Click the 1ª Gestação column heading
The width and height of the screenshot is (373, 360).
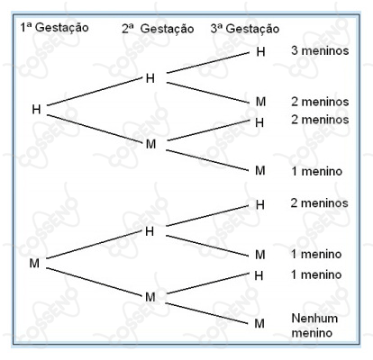point(54,28)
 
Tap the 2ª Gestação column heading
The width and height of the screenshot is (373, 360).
point(158,29)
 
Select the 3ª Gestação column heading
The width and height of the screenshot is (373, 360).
point(245,29)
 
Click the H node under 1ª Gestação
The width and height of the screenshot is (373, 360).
point(36,110)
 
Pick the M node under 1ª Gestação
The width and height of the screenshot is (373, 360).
point(34,263)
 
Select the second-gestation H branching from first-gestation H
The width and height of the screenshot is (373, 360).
point(150,78)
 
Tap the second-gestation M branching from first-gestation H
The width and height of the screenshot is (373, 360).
point(150,144)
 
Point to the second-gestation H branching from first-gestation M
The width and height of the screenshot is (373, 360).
point(150,231)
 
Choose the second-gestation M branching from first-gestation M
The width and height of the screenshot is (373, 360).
point(150,297)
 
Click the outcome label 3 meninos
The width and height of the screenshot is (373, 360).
point(320,50)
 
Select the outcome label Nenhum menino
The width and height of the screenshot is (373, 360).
point(314,326)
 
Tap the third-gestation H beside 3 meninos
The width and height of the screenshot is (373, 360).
point(260,52)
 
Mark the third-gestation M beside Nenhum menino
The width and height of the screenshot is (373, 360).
point(259,323)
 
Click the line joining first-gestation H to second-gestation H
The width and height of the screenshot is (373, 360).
point(95,92)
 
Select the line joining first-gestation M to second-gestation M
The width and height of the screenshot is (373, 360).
point(94,282)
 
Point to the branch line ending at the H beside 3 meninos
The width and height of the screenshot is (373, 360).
point(208,62)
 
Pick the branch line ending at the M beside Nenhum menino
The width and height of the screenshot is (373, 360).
point(206,313)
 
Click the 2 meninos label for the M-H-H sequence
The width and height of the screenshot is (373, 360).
point(319,203)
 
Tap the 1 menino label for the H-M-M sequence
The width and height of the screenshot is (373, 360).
point(317,171)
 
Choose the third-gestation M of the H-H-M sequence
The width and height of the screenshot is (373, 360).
point(260,102)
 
